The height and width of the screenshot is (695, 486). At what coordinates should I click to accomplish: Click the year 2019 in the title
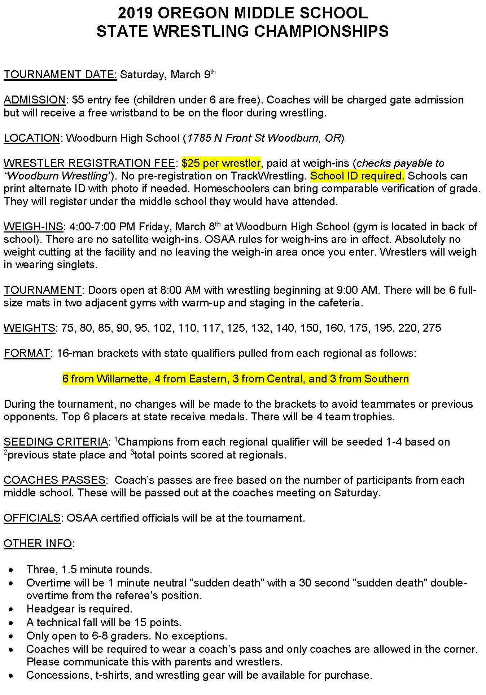click(136, 13)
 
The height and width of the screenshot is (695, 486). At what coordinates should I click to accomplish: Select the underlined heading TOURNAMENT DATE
click(60, 75)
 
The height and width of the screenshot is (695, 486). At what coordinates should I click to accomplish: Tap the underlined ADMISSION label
click(35, 100)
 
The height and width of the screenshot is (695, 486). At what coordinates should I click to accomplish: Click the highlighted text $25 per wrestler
click(221, 163)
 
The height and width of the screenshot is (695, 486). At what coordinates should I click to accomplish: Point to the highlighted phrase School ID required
click(357, 176)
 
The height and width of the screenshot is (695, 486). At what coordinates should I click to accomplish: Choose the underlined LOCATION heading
click(32, 138)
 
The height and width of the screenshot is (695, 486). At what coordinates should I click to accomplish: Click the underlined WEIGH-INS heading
click(34, 227)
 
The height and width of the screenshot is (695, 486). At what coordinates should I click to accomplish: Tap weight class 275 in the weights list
click(432, 328)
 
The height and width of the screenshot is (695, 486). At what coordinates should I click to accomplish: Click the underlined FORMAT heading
click(27, 353)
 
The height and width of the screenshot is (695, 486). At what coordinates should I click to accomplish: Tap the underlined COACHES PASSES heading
click(54, 480)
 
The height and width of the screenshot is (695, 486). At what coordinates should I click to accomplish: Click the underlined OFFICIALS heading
click(32, 518)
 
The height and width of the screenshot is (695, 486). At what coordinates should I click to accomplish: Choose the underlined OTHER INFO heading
click(38, 544)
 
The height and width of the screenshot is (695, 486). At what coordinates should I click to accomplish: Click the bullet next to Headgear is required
click(12, 609)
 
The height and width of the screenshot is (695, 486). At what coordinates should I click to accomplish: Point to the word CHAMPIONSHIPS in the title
click(321, 31)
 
